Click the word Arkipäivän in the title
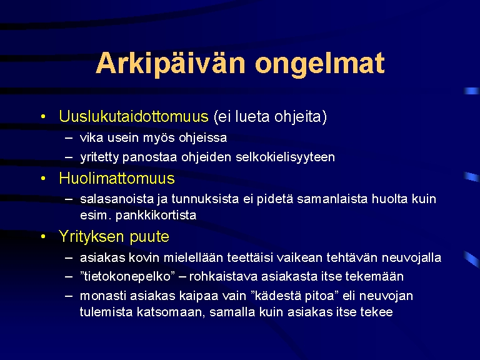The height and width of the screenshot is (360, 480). point(171,64)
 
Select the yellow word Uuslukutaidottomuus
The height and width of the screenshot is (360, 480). point(134,116)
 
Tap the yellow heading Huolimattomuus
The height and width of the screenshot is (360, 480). point(117,178)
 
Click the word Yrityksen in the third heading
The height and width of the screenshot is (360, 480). point(91,237)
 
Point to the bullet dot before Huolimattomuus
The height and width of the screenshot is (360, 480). point(43,178)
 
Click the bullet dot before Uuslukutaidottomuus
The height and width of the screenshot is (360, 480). point(43,116)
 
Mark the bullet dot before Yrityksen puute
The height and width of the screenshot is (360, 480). point(43,237)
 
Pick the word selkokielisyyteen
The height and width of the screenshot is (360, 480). point(285,157)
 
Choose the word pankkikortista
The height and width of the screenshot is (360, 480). point(156,216)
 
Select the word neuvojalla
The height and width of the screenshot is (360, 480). point(411,257)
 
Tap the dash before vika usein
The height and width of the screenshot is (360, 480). point(69,138)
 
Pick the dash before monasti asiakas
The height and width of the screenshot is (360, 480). point(69,296)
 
